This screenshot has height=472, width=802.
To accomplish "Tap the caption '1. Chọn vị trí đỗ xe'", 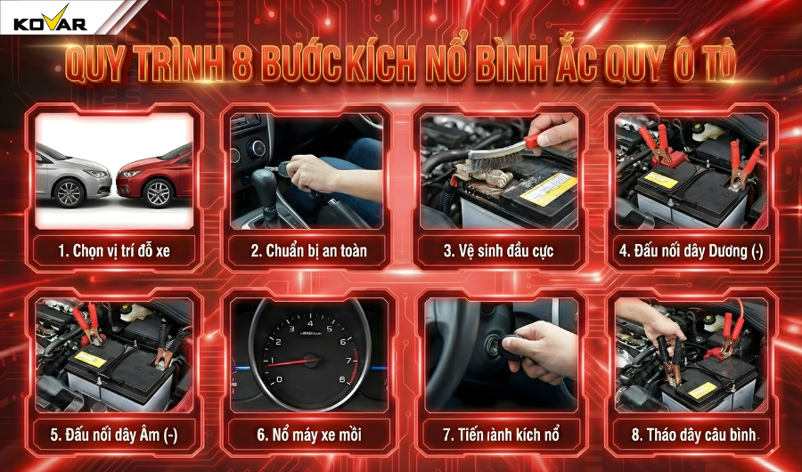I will pos(113,250).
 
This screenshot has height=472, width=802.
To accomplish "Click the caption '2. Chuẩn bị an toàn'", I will pos(308,250).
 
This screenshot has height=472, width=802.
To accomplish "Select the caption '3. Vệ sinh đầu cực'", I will pos(499,250).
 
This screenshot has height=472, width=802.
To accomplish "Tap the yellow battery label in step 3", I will pos(547,188).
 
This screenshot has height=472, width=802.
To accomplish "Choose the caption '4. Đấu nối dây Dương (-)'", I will pos(692,250).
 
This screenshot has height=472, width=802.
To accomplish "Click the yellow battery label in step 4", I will pos(660,180).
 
